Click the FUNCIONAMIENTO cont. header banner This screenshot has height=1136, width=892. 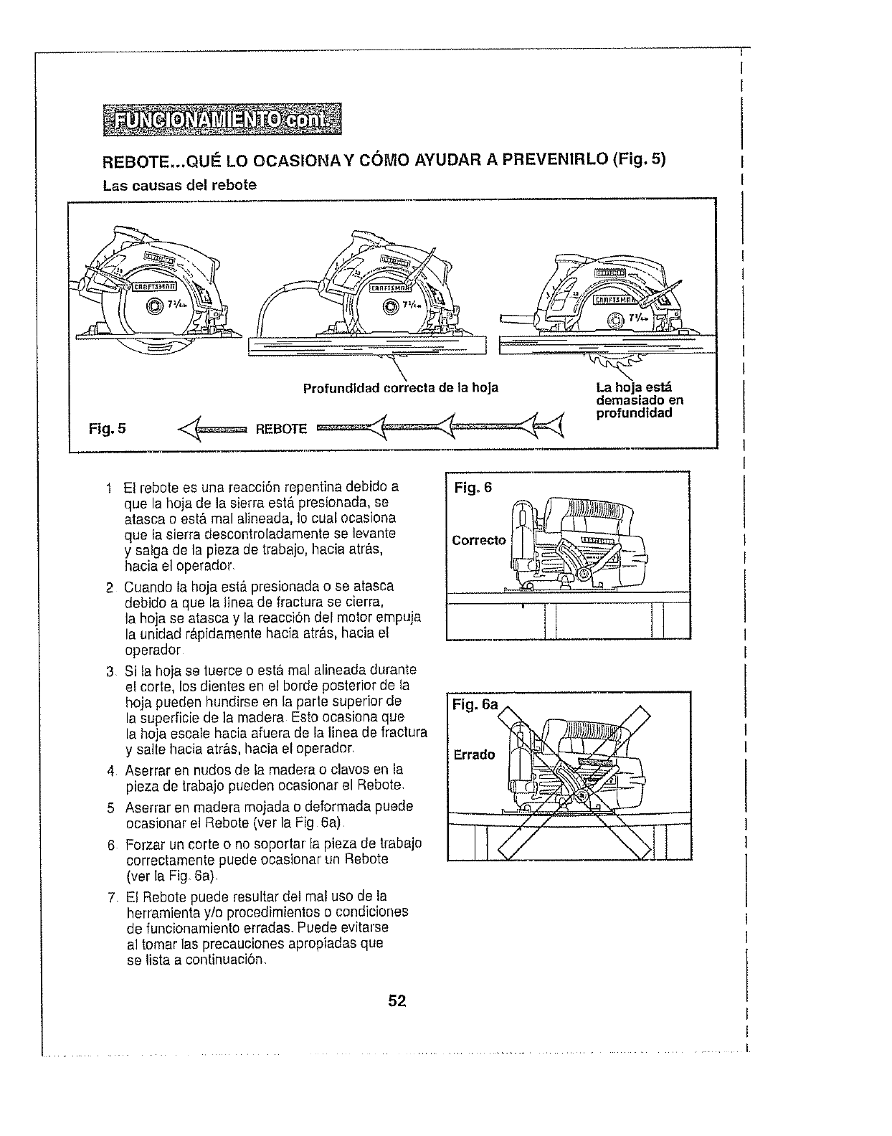coord(222,119)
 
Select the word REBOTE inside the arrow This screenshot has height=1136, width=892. coord(281,430)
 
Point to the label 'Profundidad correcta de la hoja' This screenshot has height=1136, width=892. coord(400,389)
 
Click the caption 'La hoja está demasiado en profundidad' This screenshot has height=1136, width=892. coord(640,400)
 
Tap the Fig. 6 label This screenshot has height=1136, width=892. coord(473,488)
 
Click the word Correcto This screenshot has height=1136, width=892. coord(478,540)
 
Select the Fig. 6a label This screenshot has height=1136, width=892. coord(475,705)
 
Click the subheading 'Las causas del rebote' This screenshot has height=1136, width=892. coord(179,185)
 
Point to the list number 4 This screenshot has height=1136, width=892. coord(111,772)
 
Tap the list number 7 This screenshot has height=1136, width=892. coord(111,896)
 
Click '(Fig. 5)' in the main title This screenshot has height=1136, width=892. coord(640,158)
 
